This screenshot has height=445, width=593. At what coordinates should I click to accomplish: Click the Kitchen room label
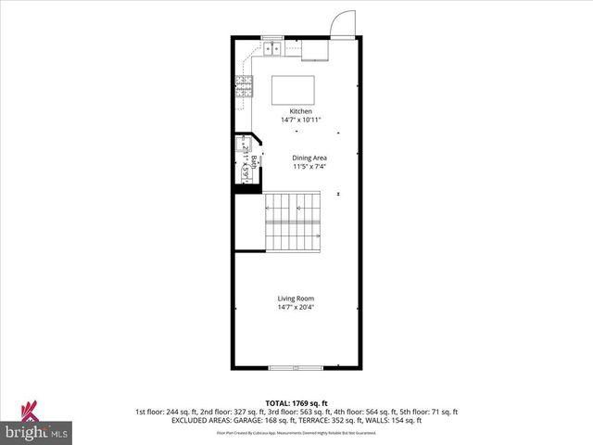[x=295, y=111]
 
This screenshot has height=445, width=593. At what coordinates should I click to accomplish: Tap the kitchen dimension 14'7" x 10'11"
[x=295, y=120]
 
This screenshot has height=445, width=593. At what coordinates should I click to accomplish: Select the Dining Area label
[x=309, y=158]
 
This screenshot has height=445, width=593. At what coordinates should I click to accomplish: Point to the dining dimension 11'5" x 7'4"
[x=309, y=166]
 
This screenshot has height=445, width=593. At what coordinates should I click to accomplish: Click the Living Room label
[x=295, y=298]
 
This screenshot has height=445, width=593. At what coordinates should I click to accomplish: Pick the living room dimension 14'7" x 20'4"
[x=295, y=307]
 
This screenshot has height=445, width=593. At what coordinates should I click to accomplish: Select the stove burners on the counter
[x=245, y=87]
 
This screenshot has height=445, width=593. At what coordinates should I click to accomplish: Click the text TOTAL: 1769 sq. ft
[x=296, y=403]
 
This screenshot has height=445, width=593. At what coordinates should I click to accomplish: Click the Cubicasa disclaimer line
[x=296, y=432]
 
